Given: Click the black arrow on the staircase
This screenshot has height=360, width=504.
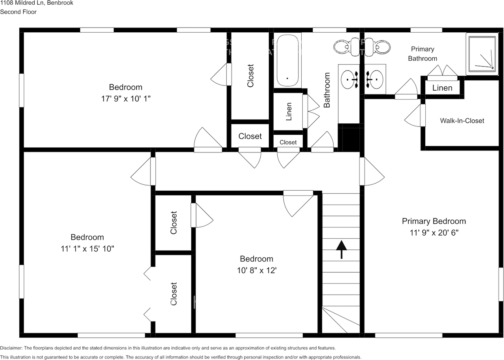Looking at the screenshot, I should coord(341,250).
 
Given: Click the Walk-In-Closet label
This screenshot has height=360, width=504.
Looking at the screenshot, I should coord(462,121).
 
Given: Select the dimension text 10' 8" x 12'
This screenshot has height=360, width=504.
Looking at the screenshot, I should coord(256,270).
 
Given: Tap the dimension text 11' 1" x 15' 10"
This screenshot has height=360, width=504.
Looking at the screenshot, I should coord(87,249).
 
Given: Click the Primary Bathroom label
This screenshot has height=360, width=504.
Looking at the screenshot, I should coord(422,54).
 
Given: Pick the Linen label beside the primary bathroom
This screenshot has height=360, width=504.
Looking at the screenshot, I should coord(442,88).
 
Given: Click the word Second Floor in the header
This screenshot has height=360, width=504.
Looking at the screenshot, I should coord(18,12).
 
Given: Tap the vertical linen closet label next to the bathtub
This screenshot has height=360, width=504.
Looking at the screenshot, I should coord(289,111).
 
